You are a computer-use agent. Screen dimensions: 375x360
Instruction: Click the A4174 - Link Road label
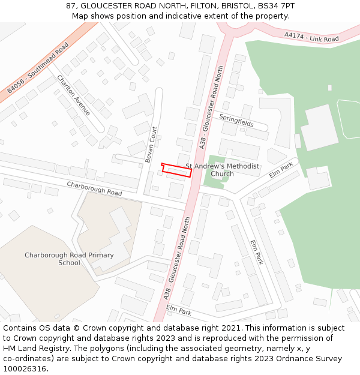point(312,38)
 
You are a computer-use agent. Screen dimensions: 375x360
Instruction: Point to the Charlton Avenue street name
point(73,95)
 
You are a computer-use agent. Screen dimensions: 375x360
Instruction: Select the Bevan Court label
point(151,144)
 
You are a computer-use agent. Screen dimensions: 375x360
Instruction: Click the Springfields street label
point(236,121)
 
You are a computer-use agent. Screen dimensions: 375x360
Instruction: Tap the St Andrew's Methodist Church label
point(222,170)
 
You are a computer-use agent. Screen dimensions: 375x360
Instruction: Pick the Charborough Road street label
point(94,188)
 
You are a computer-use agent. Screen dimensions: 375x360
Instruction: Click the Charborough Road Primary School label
point(69,259)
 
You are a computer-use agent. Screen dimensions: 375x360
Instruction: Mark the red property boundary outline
point(177,170)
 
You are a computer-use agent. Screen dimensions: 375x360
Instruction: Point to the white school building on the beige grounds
point(114,237)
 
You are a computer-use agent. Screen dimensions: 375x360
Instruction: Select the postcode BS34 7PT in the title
point(276,6)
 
